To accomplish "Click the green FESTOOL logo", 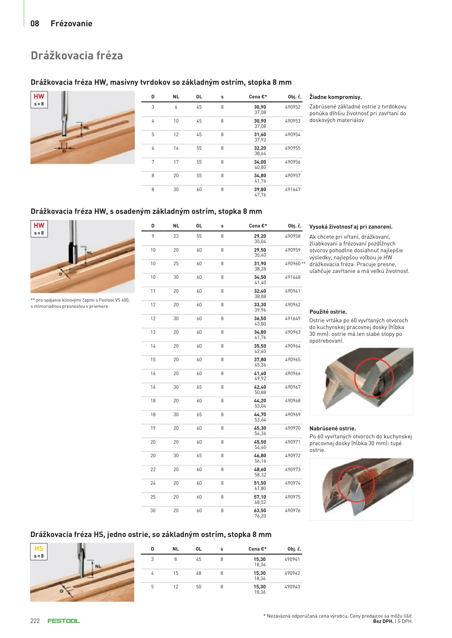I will point(64,621).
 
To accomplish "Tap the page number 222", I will point(35,621).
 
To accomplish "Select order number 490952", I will point(292,107).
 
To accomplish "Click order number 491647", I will point(292,190).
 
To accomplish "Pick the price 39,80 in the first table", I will point(260,190).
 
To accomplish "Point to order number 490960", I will point(292,264).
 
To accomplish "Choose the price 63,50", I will point(260,511).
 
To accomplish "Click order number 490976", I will point(292,511).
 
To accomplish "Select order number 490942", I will point(292,573).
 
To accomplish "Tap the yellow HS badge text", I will point(39,549).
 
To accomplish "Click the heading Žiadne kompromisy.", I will point(336,97).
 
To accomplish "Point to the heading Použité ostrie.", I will point(328,312).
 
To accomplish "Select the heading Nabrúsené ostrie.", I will point(333,429).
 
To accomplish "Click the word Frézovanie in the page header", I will point(71,24).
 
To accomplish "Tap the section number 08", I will point(35,24).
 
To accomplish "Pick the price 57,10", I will point(260,497).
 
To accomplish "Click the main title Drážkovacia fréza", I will point(77,56).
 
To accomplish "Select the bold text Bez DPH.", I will point(383,621).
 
